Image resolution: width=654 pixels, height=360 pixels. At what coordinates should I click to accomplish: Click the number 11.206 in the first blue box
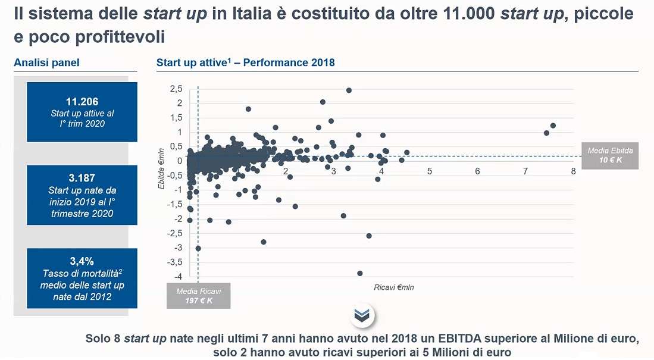82,102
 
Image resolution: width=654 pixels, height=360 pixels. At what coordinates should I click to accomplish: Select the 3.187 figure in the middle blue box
82,178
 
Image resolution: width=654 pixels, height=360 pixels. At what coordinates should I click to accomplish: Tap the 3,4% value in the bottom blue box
82,261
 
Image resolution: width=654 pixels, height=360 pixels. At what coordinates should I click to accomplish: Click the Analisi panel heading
46,62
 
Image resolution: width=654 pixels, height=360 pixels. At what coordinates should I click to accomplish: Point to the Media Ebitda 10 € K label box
609,155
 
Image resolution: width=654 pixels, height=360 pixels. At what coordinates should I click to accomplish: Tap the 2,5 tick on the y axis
176,89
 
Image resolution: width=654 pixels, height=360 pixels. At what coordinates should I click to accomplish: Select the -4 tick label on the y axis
177,277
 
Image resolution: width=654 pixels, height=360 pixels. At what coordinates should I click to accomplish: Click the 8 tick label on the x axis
573,171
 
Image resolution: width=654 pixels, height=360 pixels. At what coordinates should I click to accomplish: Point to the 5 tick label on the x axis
429,171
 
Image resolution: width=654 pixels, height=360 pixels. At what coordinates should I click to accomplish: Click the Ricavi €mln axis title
393,287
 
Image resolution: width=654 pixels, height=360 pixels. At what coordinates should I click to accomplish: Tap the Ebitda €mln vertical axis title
161,169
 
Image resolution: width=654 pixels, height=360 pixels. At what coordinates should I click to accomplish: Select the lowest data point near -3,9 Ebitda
359,274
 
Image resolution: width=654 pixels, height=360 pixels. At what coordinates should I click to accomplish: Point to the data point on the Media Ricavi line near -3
198,248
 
